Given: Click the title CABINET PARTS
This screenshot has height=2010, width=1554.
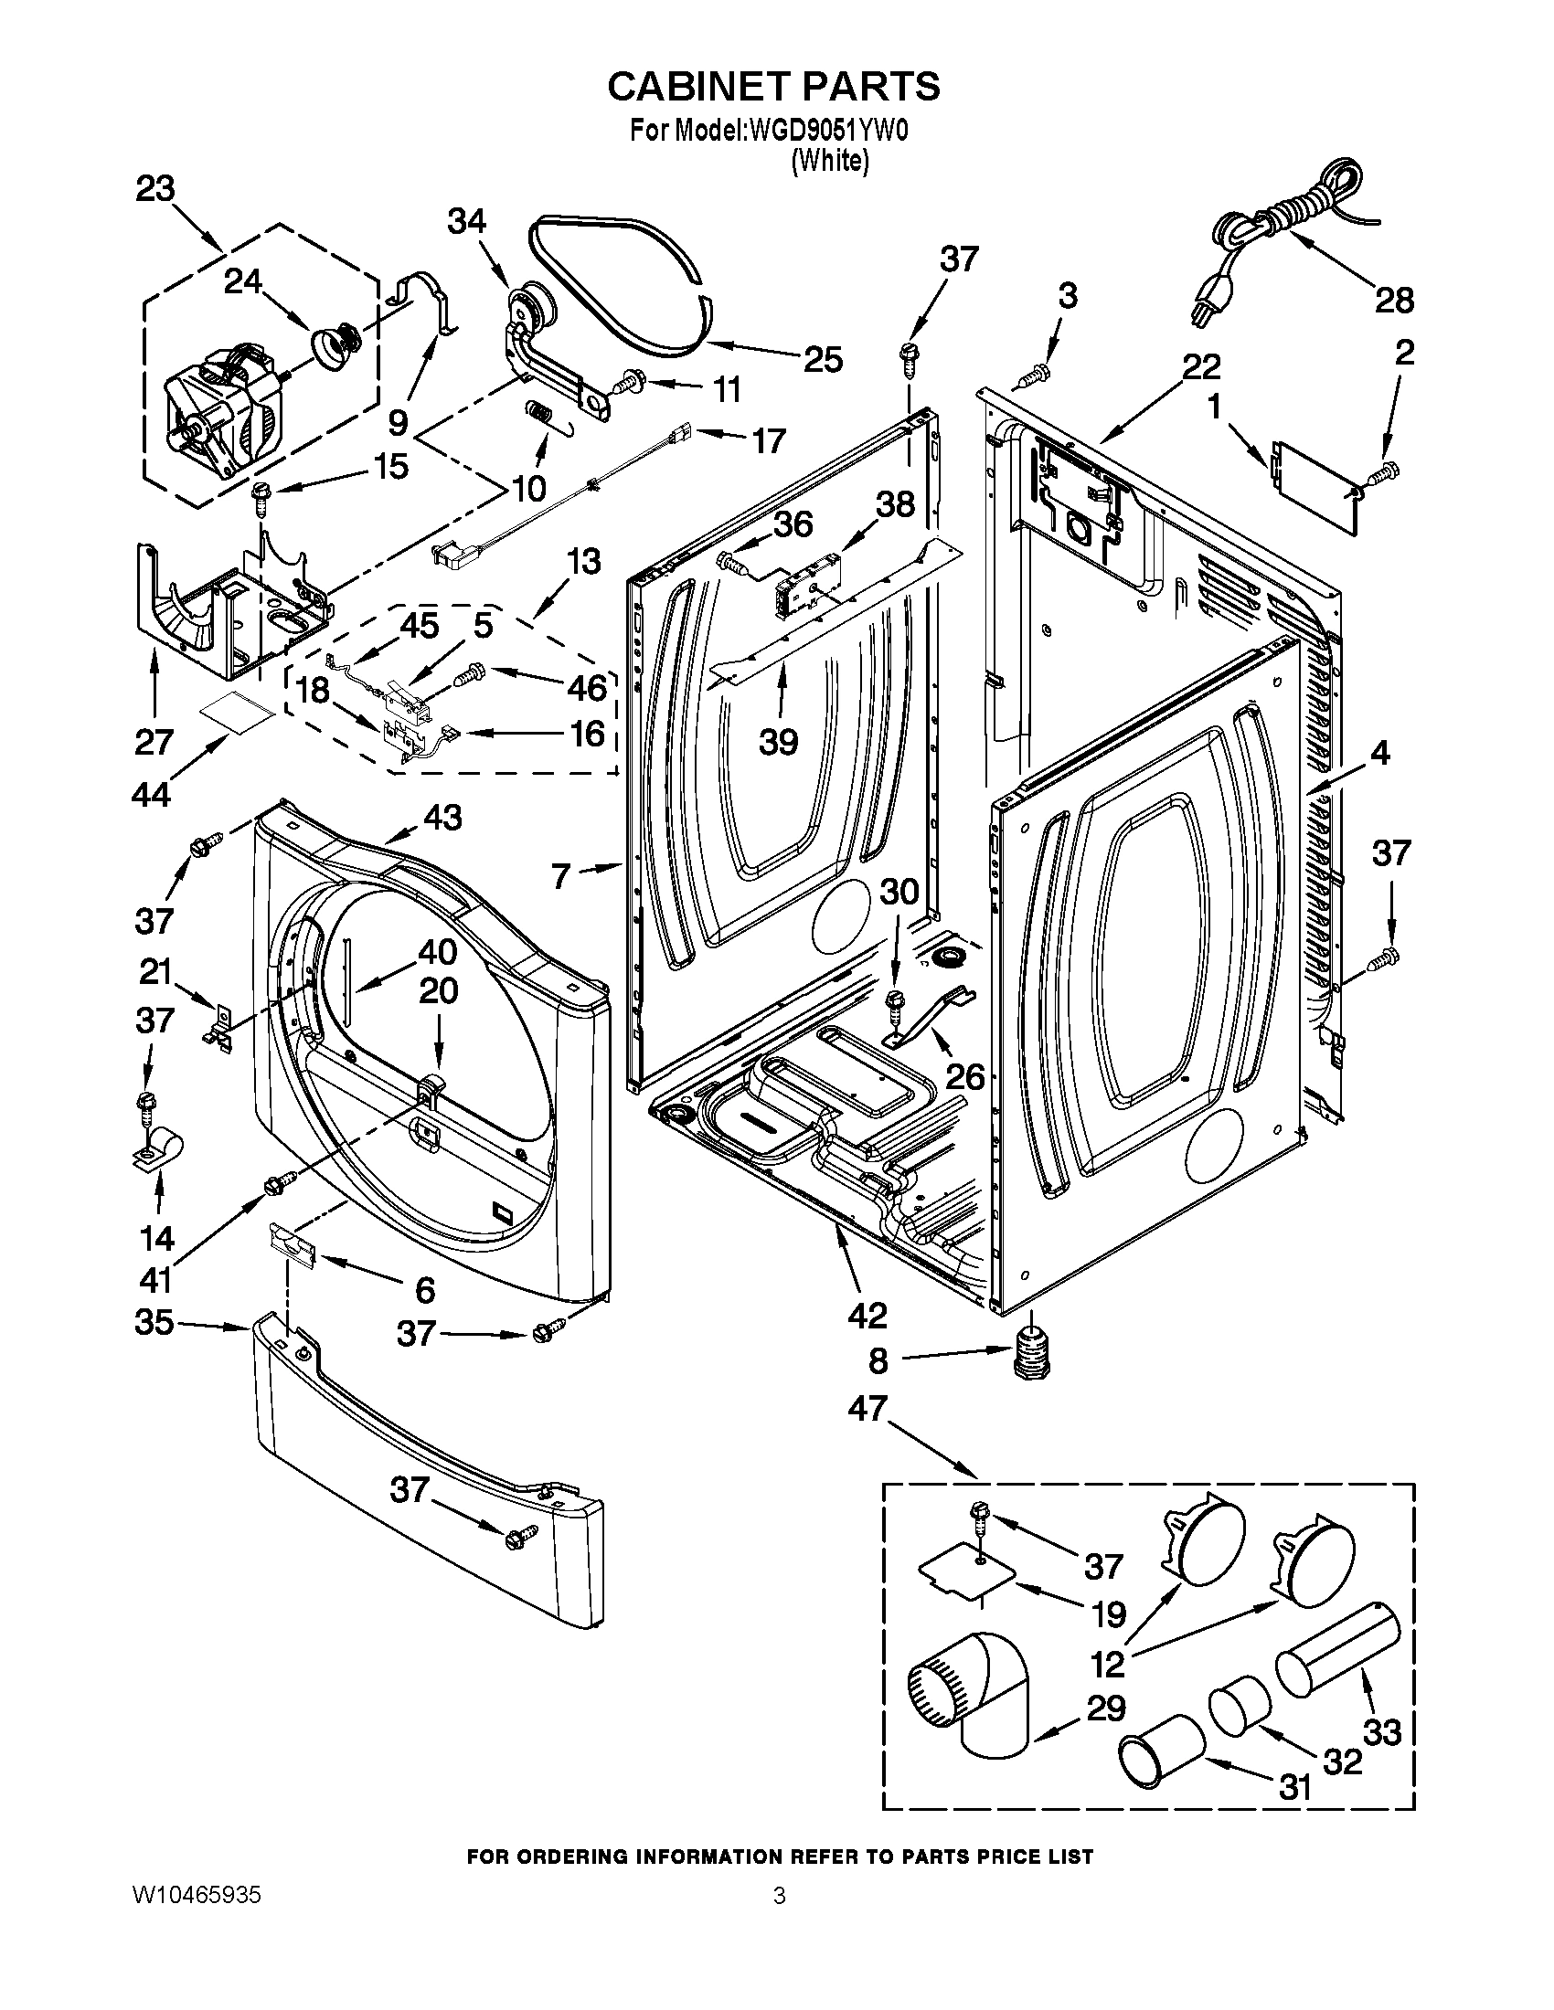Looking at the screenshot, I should coord(773,86).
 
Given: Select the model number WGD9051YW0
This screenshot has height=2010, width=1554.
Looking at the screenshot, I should coord(828,132).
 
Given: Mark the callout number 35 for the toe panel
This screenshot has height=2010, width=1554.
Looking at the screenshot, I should coord(154,1323).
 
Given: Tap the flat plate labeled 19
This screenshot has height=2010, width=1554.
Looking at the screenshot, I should coord(968,1582).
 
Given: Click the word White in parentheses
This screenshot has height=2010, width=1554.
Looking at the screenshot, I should coord(829,160).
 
